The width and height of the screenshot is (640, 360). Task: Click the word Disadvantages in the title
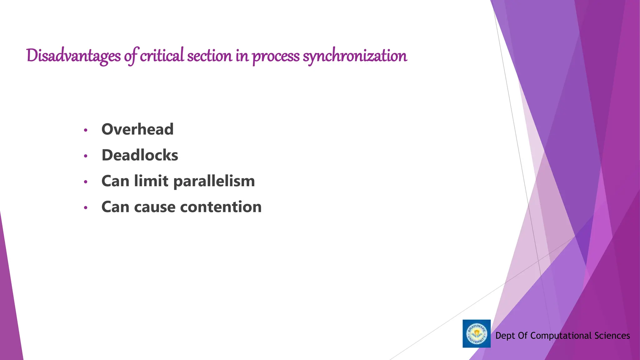73,56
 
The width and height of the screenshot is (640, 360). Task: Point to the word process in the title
276,56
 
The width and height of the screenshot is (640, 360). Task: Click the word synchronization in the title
355,56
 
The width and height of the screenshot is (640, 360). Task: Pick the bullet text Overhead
137,129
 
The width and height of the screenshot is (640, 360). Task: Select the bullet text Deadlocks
140,155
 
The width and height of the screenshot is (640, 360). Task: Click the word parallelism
214,182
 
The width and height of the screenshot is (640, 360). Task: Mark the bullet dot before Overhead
86,130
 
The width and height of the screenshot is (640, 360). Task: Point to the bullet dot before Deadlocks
86,156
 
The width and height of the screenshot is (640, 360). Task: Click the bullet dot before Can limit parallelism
86,182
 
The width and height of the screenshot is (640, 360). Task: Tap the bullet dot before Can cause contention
86,208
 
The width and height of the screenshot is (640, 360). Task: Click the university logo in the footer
476,333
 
